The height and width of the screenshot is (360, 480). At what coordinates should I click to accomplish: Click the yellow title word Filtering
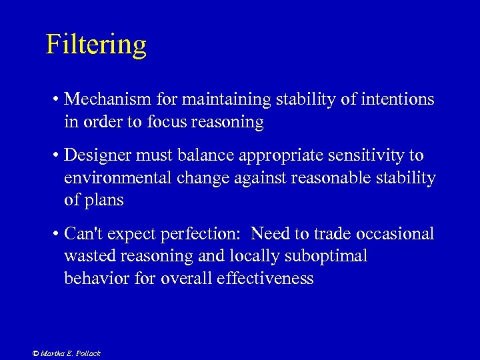click(x=96, y=45)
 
